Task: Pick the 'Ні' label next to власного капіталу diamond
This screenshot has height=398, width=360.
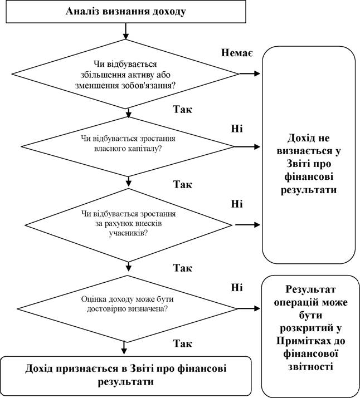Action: pos(236,127)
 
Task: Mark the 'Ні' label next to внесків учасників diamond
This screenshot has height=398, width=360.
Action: pos(236,203)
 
